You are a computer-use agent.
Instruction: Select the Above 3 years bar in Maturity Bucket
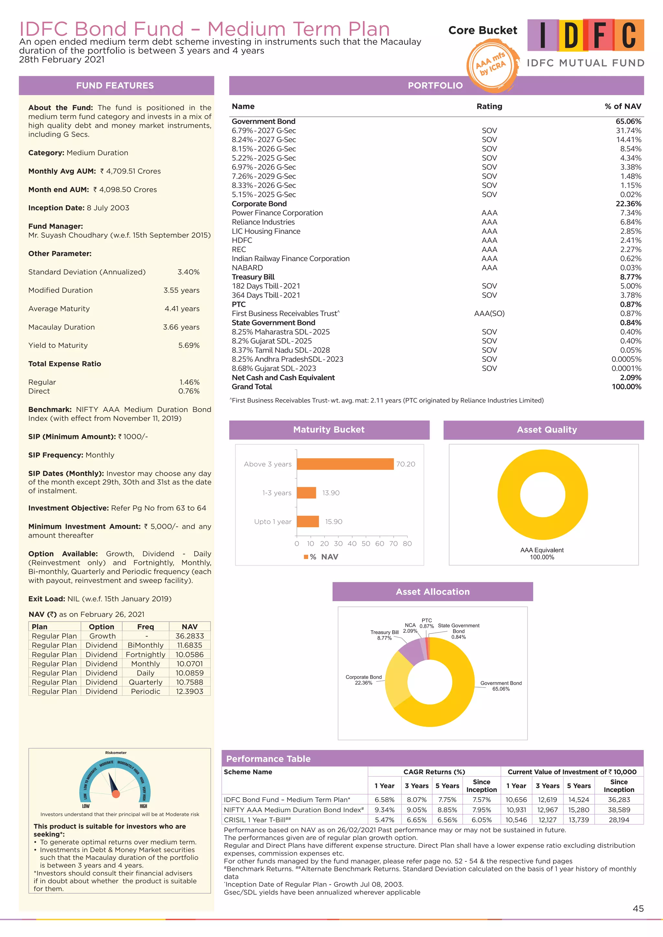point(345,464)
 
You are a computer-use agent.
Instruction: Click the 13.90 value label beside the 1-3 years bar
point(331,493)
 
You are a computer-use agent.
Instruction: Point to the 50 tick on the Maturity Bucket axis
point(366,544)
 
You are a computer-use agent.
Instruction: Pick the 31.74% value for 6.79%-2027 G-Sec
point(628,131)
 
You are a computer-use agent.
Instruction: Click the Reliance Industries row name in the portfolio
point(263,222)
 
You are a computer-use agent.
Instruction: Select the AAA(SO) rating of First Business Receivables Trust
point(489,314)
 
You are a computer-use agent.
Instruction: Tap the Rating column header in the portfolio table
point(489,106)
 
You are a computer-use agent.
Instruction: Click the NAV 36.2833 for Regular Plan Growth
point(189,636)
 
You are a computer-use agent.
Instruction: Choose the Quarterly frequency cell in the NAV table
point(145,682)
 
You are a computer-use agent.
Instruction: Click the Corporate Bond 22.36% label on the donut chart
point(363,680)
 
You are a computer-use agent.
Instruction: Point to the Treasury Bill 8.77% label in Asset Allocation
point(384,635)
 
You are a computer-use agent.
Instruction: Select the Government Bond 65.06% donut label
point(500,686)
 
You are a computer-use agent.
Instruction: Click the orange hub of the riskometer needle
point(116,794)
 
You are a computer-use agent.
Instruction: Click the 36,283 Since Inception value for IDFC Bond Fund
point(619,800)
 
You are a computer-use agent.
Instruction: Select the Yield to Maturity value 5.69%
point(189,345)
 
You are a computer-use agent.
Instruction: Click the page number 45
point(638,909)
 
